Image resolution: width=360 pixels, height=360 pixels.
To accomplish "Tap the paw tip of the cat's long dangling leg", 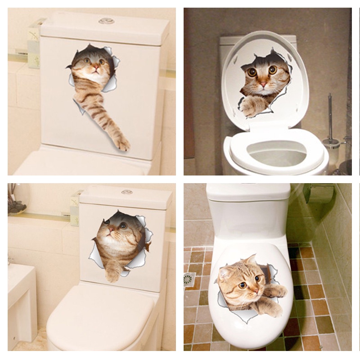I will pyautogui.click(x=122, y=144).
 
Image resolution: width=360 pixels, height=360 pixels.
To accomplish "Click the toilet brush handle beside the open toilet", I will pyautogui.click(x=330, y=117).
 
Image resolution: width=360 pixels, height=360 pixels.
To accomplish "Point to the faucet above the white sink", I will pyautogui.click(x=10, y=260).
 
